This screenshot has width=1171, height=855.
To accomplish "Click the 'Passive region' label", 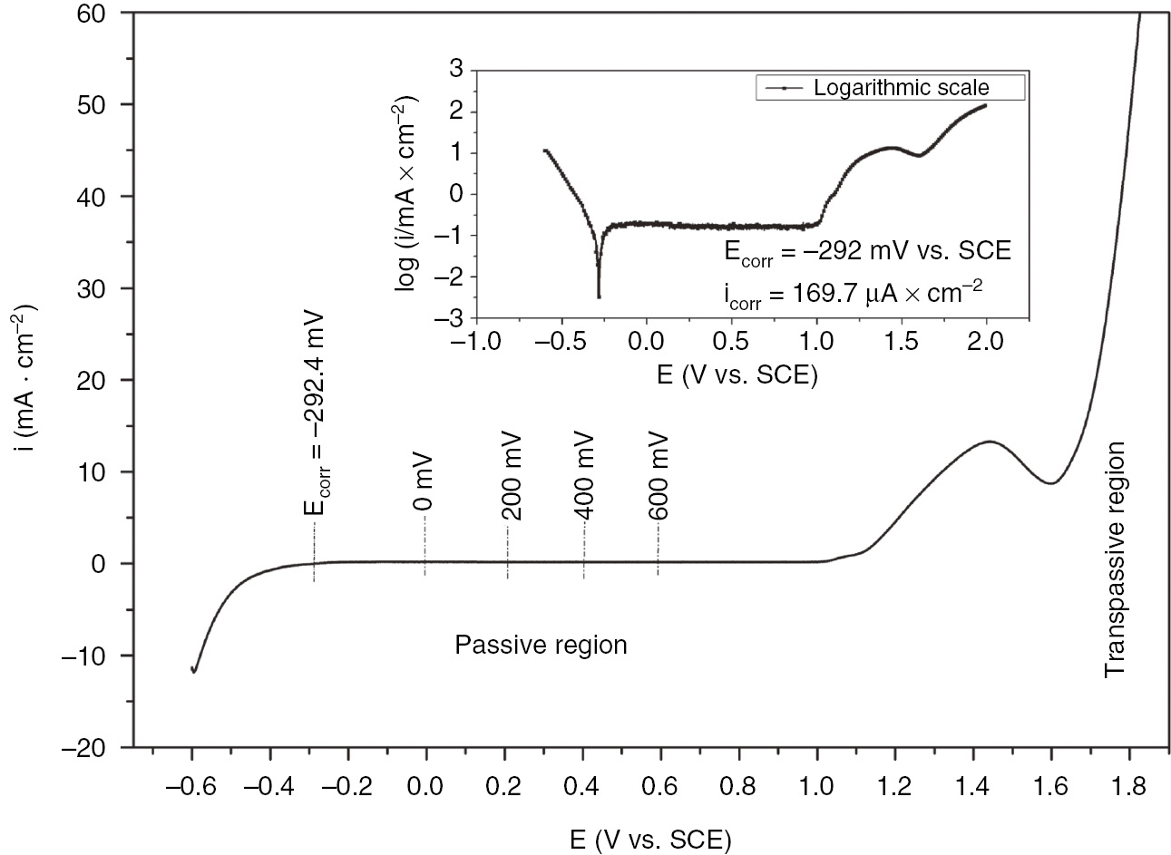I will click(541, 646).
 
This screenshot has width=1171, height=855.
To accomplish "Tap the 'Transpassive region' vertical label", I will click(1114, 559).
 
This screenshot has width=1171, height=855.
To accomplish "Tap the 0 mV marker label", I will click(423, 491).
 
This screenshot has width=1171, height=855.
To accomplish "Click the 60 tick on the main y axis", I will click(92, 14).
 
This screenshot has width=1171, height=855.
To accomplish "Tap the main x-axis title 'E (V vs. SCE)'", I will click(650, 840).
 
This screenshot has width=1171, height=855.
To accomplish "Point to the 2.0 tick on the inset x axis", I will click(986, 344).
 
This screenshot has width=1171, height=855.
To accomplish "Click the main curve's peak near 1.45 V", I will click(989, 442).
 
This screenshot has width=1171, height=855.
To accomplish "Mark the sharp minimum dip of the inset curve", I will click(599, 296).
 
